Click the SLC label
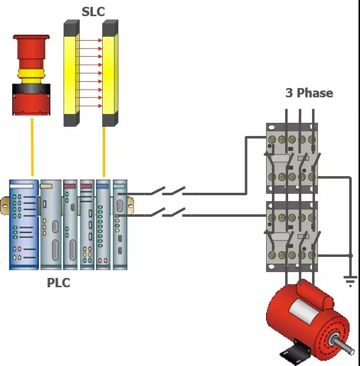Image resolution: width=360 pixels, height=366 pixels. (93, 11)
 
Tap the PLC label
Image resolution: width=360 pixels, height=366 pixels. (58, 283)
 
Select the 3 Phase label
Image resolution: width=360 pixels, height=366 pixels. (309, 93)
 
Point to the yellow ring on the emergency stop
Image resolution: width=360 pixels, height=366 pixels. (31, 74)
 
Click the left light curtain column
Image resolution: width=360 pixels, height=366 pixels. (71, 73)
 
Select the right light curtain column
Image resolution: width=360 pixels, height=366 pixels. (110, 73)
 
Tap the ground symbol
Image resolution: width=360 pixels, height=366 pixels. (350, 280)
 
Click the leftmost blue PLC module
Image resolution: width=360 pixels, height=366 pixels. (23, 225)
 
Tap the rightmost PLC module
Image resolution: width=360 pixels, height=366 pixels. (120, 225)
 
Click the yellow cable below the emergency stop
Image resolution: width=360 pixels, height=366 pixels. (32, 147)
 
